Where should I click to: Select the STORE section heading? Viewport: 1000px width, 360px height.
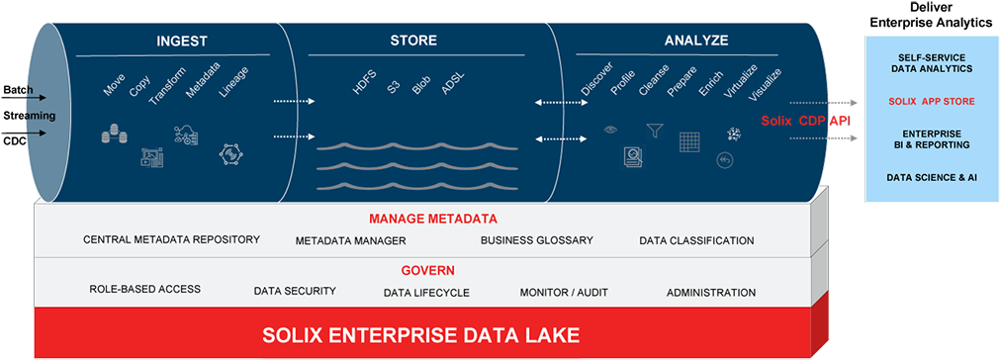tap(407, 41)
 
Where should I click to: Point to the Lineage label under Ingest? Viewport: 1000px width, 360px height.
tap(234, 82)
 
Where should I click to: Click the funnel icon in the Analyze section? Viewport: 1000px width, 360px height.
tap(653, 130)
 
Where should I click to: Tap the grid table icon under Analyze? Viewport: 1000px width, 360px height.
tap(689, 141)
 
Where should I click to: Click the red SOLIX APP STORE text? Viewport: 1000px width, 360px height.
tap(930, 101)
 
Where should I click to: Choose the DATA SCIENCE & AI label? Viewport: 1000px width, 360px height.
tap(930, 177)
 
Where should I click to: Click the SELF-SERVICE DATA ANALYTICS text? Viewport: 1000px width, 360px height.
tap(930, 63)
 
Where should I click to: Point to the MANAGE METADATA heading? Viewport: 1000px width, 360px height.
tap(432, 219)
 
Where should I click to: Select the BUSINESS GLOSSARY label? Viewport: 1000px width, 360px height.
tap(536, 240)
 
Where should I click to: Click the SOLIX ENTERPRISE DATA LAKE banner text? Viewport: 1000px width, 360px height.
tap(420, 334)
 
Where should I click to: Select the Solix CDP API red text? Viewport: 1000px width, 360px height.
tap(805, 121)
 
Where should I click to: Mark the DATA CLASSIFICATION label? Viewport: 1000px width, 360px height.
tap(696, 240)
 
